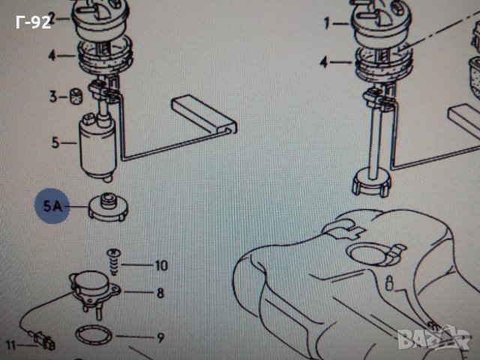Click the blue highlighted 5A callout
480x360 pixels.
click(x=52, y=205)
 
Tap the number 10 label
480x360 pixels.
click(x=161, y=265)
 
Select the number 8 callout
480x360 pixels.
click(x=160, y=293)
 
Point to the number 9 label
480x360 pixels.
click(x=160, y=337)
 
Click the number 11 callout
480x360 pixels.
click(x=10, y=346)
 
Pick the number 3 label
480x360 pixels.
click(x=53, y=97)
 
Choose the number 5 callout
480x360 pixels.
click(x=55, y=142)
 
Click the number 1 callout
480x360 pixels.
click(x=327, y=23)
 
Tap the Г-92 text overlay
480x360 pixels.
click(x=33, y=22)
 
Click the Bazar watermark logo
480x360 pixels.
click(x=435, y=338)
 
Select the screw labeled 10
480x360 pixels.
click(x=113, y=262)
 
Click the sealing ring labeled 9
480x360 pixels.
click(x=94, y=335)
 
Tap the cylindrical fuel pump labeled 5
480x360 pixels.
click(x=97, y=147)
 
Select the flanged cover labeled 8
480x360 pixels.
click(x=94, y=290)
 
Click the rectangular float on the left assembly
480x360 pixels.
click(x=204, y=114)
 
